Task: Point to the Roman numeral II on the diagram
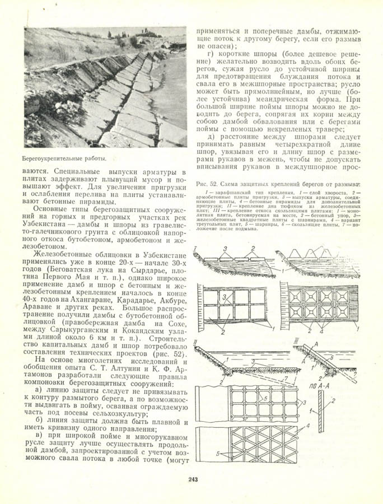(196, 340)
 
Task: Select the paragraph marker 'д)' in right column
(211, 137)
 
